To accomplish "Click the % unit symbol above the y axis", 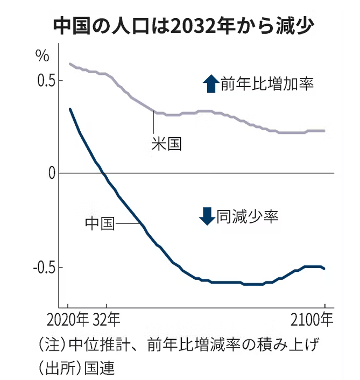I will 43,55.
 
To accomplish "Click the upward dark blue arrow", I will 209,84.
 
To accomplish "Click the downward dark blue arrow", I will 206,216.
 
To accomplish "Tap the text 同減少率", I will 247,216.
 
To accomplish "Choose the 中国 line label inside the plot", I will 100,223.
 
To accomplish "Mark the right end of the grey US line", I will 324,130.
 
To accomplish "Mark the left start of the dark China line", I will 70,109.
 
